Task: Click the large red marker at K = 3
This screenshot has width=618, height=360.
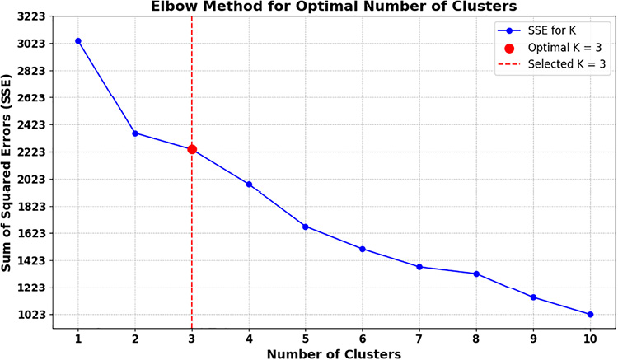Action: point(192,149)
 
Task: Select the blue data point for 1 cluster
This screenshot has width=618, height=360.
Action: point(78,40)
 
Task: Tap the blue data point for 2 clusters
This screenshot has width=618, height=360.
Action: point(135,133)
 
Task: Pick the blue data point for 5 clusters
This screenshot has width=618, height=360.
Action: point(306,227)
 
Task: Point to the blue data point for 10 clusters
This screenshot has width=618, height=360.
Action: point(590,314)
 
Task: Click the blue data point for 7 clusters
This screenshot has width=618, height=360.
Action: point(419,267)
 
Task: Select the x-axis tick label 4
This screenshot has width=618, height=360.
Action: point(249,338)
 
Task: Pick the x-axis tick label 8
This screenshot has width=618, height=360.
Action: point(476,338)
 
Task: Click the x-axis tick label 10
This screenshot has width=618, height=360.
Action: point(590,338)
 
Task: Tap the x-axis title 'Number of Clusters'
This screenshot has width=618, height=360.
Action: point(334,353)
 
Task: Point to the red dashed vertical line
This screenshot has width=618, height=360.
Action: point(192,247)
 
